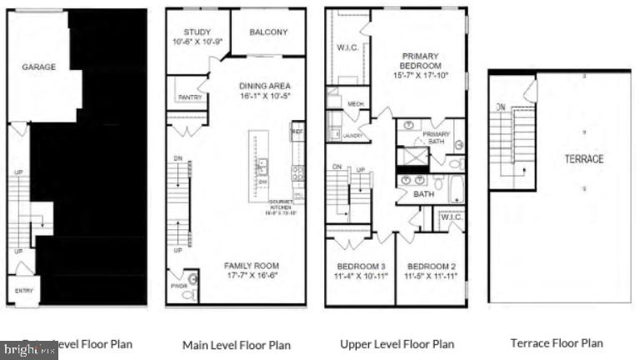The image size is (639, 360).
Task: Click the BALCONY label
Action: [268, 32]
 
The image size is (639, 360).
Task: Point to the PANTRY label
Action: [189, 97]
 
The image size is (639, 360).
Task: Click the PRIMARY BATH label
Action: [436, 137]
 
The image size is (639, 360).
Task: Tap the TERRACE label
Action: [584, 158]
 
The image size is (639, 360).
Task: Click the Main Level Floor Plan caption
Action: [237, 344]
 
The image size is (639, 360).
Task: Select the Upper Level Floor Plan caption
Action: [397, 344]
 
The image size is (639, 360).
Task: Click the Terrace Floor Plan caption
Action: [556, 342]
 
